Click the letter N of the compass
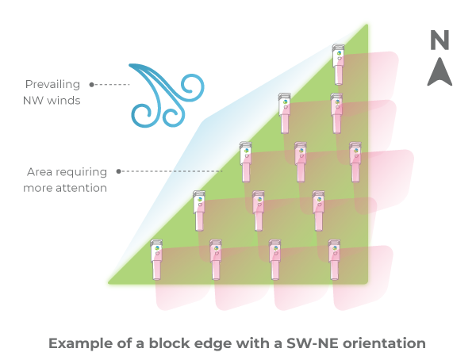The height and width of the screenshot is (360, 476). pyautogui.click(x=440, y=41)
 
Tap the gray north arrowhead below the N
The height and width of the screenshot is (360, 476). pyautogui.click(x=440, y=71)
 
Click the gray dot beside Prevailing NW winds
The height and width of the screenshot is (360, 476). pyautogui.click(x=92, y=83)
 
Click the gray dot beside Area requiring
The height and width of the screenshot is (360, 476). pyautogui.click(x=118, y=171)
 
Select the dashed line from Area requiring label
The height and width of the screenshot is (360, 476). pyautogui.click(x=171, y=171)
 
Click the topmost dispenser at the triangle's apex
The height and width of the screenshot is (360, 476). pyautogui.click(x=337, y=63)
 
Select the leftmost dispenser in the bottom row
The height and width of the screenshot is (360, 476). pyautogui.click(x=156, y=259)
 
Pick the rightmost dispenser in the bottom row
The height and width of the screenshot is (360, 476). pyautogui.click(x=334, y=259)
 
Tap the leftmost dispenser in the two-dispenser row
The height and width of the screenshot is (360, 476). pyautogui.click(x=284, y=113)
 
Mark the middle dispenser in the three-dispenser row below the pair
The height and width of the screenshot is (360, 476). pyautogui.click(x=300, y=163)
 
